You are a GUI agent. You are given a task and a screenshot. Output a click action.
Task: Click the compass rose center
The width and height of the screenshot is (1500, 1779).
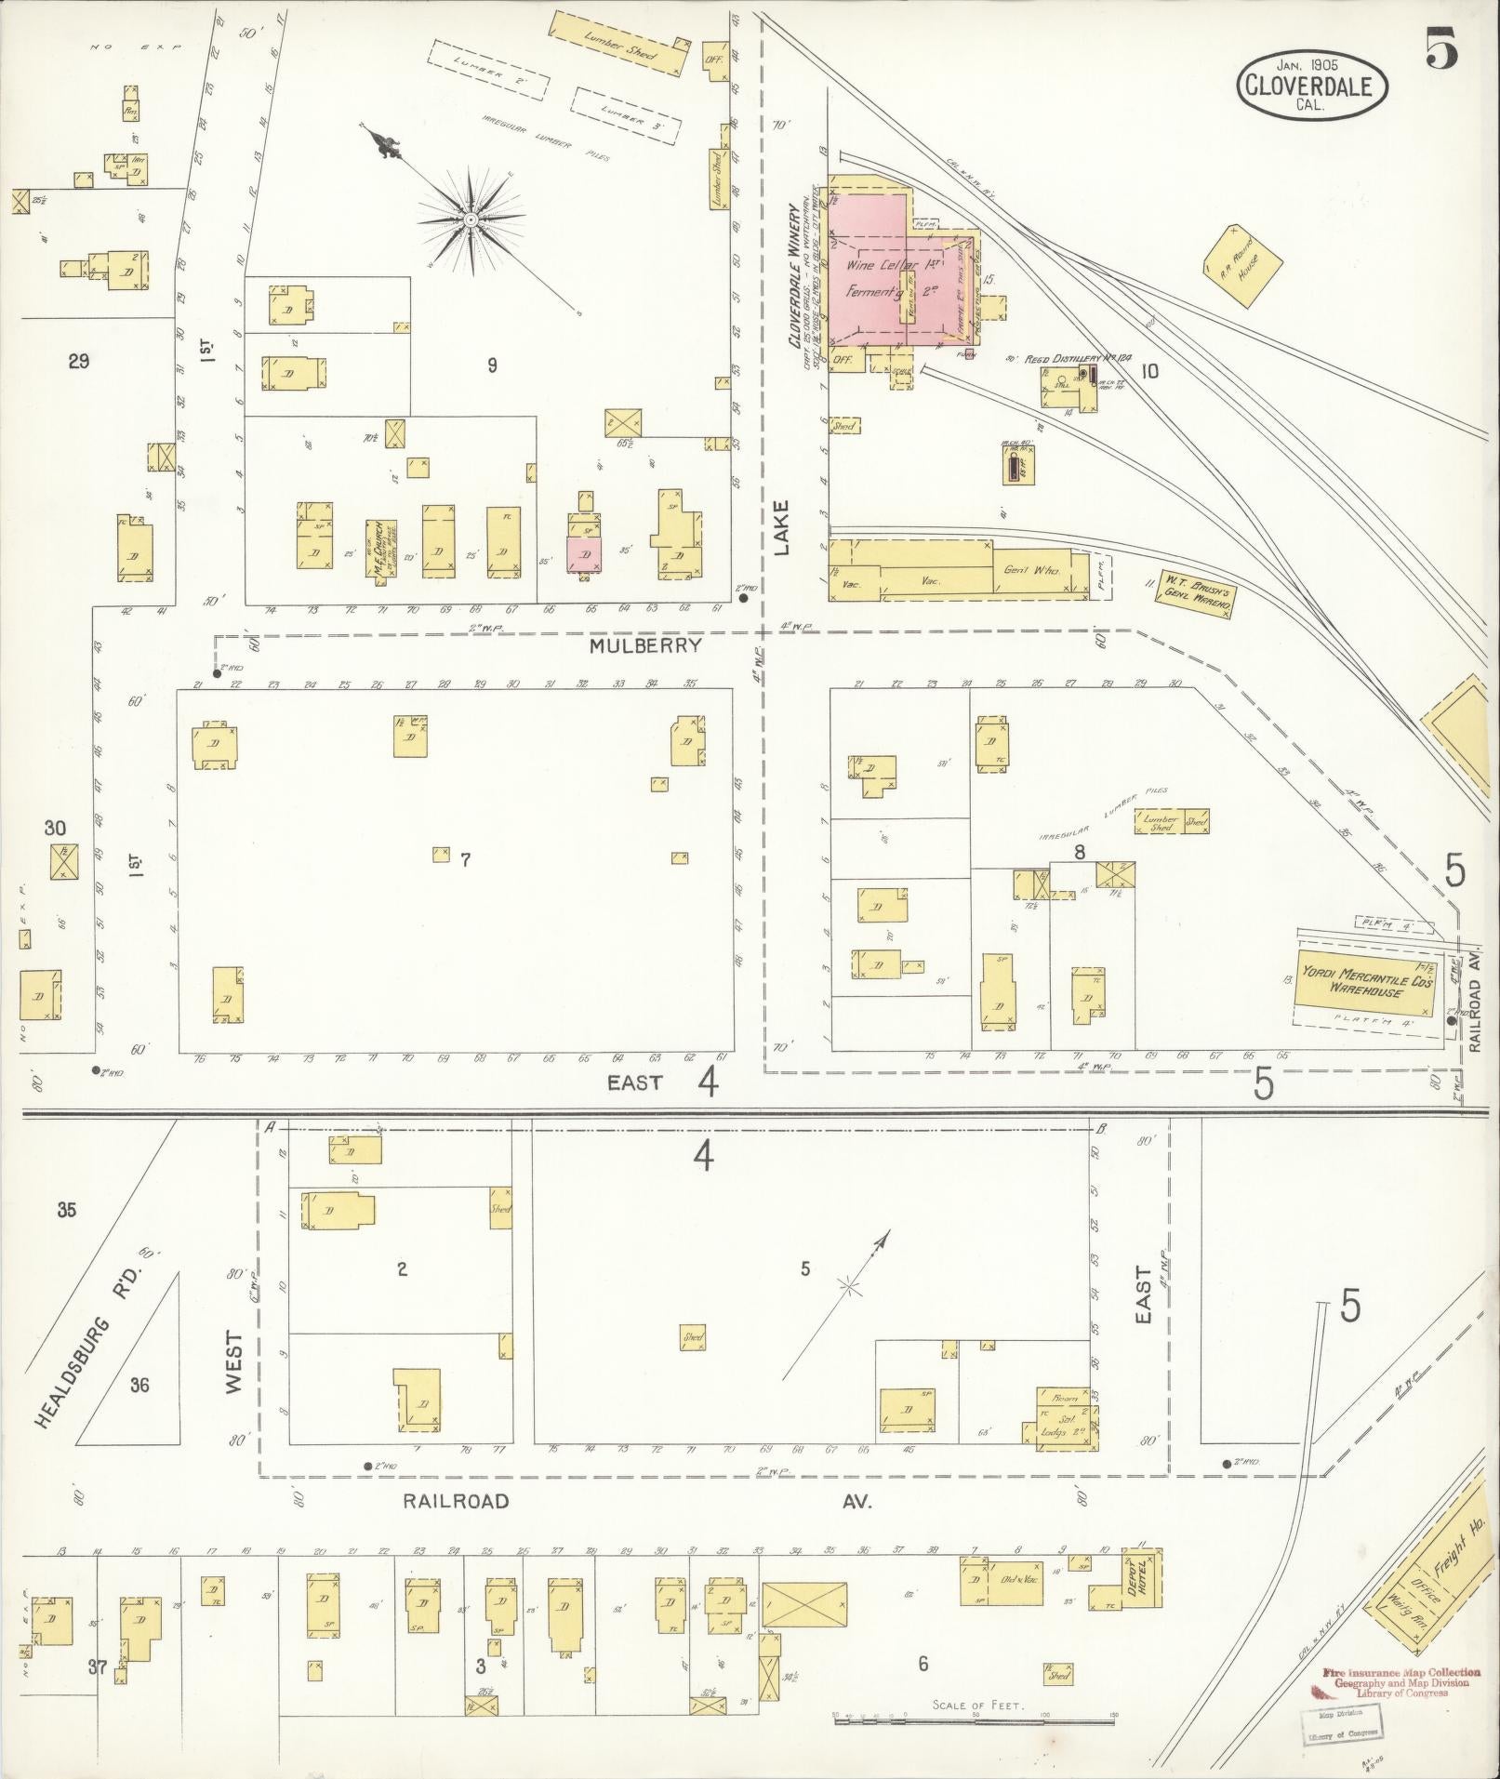[471, 219]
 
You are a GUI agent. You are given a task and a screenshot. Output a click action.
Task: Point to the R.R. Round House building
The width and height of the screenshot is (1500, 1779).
[1242, 263]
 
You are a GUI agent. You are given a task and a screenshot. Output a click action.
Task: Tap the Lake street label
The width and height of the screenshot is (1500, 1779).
[781, 527]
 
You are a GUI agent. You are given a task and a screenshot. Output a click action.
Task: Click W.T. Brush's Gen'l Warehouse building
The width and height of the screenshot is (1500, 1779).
[1197, 593]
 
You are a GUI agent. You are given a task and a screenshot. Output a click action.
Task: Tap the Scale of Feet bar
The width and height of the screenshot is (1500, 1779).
[975, 1719]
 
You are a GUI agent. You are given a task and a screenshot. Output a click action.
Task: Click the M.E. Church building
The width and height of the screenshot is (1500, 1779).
[379, 544]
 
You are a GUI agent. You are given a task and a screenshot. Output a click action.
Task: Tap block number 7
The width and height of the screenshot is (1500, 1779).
[466, 860]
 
